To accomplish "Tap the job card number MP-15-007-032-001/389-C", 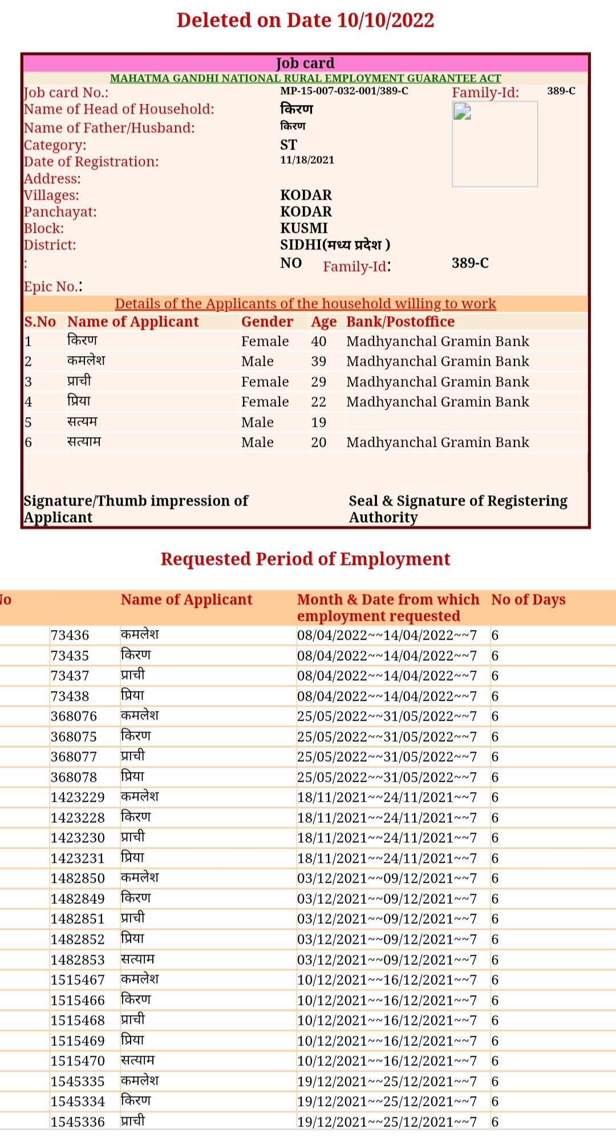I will (344, 91).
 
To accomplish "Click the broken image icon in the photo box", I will (462, 111).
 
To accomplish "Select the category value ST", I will (289, 144).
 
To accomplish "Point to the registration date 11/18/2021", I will (307, 160).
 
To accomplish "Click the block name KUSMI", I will (304, 228).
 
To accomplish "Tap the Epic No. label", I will (52, 286).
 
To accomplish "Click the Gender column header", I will (267, 322).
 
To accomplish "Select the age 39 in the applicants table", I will (318, 361).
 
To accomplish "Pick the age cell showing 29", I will (318, 382).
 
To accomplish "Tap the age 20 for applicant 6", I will (318, 442).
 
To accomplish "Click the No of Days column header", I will (528, 600).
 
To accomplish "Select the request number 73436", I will (70, 635).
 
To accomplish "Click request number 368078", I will (74, 777).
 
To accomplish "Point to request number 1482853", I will (78, 960).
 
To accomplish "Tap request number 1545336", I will (78, 1122).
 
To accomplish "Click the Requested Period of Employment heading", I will (305, 559).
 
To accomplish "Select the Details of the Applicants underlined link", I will (305, 304).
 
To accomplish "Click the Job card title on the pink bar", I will (305, 63).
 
